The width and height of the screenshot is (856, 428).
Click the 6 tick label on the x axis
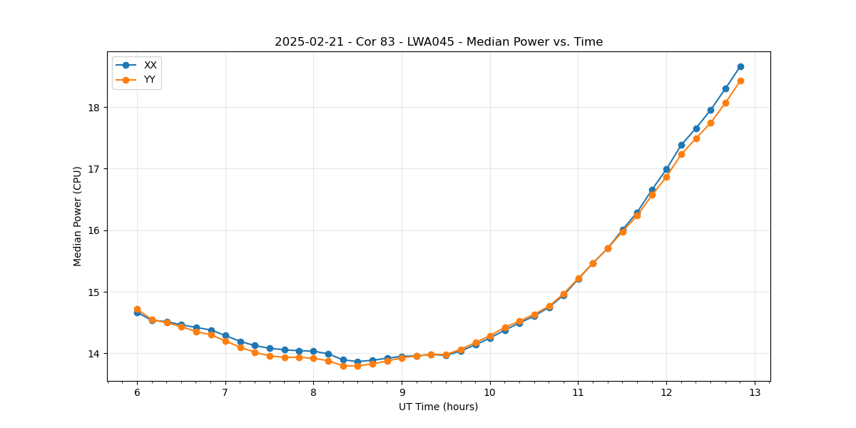point(137,392)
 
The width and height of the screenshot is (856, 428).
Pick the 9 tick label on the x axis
point(402,392)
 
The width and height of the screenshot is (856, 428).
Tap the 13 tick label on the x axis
point(755,392)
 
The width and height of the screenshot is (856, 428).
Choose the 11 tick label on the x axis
point(578,392)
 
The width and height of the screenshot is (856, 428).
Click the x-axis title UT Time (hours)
point(438,407)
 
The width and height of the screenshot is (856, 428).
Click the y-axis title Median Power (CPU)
point(77,216)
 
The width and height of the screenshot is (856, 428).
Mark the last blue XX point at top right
point(740,66)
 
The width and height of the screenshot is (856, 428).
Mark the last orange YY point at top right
point(740,81)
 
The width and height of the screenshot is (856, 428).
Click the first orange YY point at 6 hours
point(137,309)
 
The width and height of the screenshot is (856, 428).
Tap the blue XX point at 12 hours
point(666,169)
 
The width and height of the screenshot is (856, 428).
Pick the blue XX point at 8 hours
point(313,351)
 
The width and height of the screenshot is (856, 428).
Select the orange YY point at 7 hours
point(225,341)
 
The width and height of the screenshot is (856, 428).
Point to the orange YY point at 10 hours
point(490,336)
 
